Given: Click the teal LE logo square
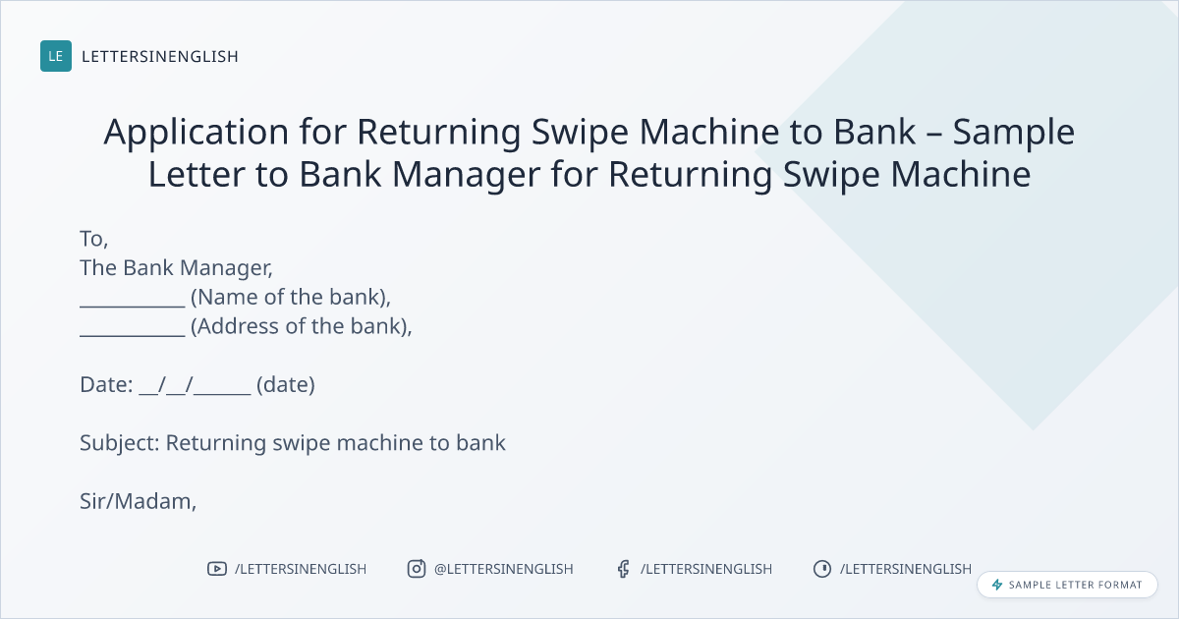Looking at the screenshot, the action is point(56,56).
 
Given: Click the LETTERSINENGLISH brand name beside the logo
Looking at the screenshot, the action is point(160,56).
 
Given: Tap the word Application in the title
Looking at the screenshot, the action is point(196,133).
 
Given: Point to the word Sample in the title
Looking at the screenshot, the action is point(1014,133).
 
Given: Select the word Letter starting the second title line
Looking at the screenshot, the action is point(196,174).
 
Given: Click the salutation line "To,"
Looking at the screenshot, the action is point(93,239).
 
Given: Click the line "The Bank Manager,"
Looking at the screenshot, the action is point(176,268).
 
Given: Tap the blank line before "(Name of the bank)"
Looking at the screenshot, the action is point(133,306).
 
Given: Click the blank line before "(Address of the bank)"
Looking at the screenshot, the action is point(133,335).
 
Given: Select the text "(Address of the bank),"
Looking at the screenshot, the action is point(301,326).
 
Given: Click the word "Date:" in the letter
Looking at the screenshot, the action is point(106,385).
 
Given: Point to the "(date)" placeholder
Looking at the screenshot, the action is point(285,385).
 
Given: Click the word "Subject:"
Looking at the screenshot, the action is point(120,443).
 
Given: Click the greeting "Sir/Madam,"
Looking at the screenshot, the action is point(138,502).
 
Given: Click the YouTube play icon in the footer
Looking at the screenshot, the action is point(217,569).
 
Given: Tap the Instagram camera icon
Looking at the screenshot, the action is point(417,569).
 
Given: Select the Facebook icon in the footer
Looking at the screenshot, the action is point(624,569).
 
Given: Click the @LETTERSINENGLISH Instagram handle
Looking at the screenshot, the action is point(504,569).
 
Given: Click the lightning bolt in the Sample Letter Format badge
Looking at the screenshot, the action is point(997,585).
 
